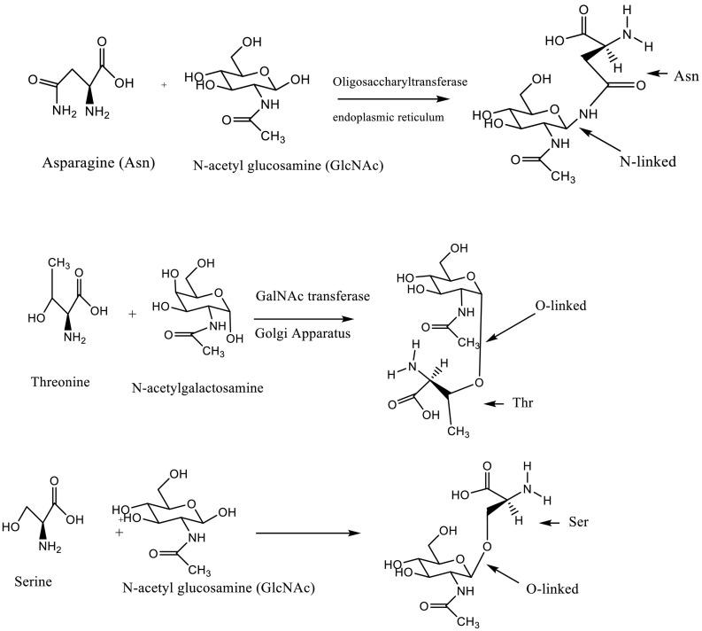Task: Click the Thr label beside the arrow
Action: (x=550, y=404)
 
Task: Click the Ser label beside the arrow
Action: (x=578, y=524)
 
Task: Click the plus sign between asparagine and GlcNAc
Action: (x=164, y=86)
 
